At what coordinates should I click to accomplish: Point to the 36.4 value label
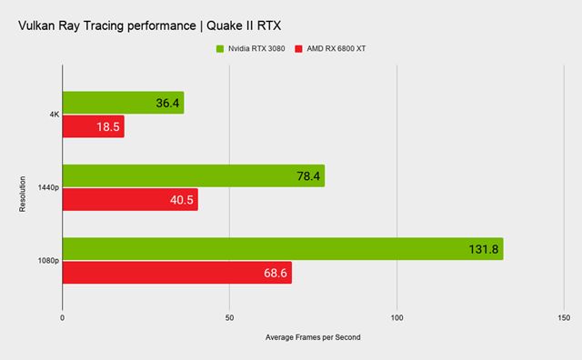[167, 104]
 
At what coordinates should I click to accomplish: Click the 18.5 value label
[106, 127]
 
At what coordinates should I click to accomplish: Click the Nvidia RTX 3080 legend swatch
[218, 47]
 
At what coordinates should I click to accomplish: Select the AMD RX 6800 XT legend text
[336, 47]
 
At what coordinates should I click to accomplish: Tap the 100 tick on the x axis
[396, 318]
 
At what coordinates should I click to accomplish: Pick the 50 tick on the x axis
[229, 318]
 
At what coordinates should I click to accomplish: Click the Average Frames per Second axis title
[313, 337]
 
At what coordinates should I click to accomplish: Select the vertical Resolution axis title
[22, 188]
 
